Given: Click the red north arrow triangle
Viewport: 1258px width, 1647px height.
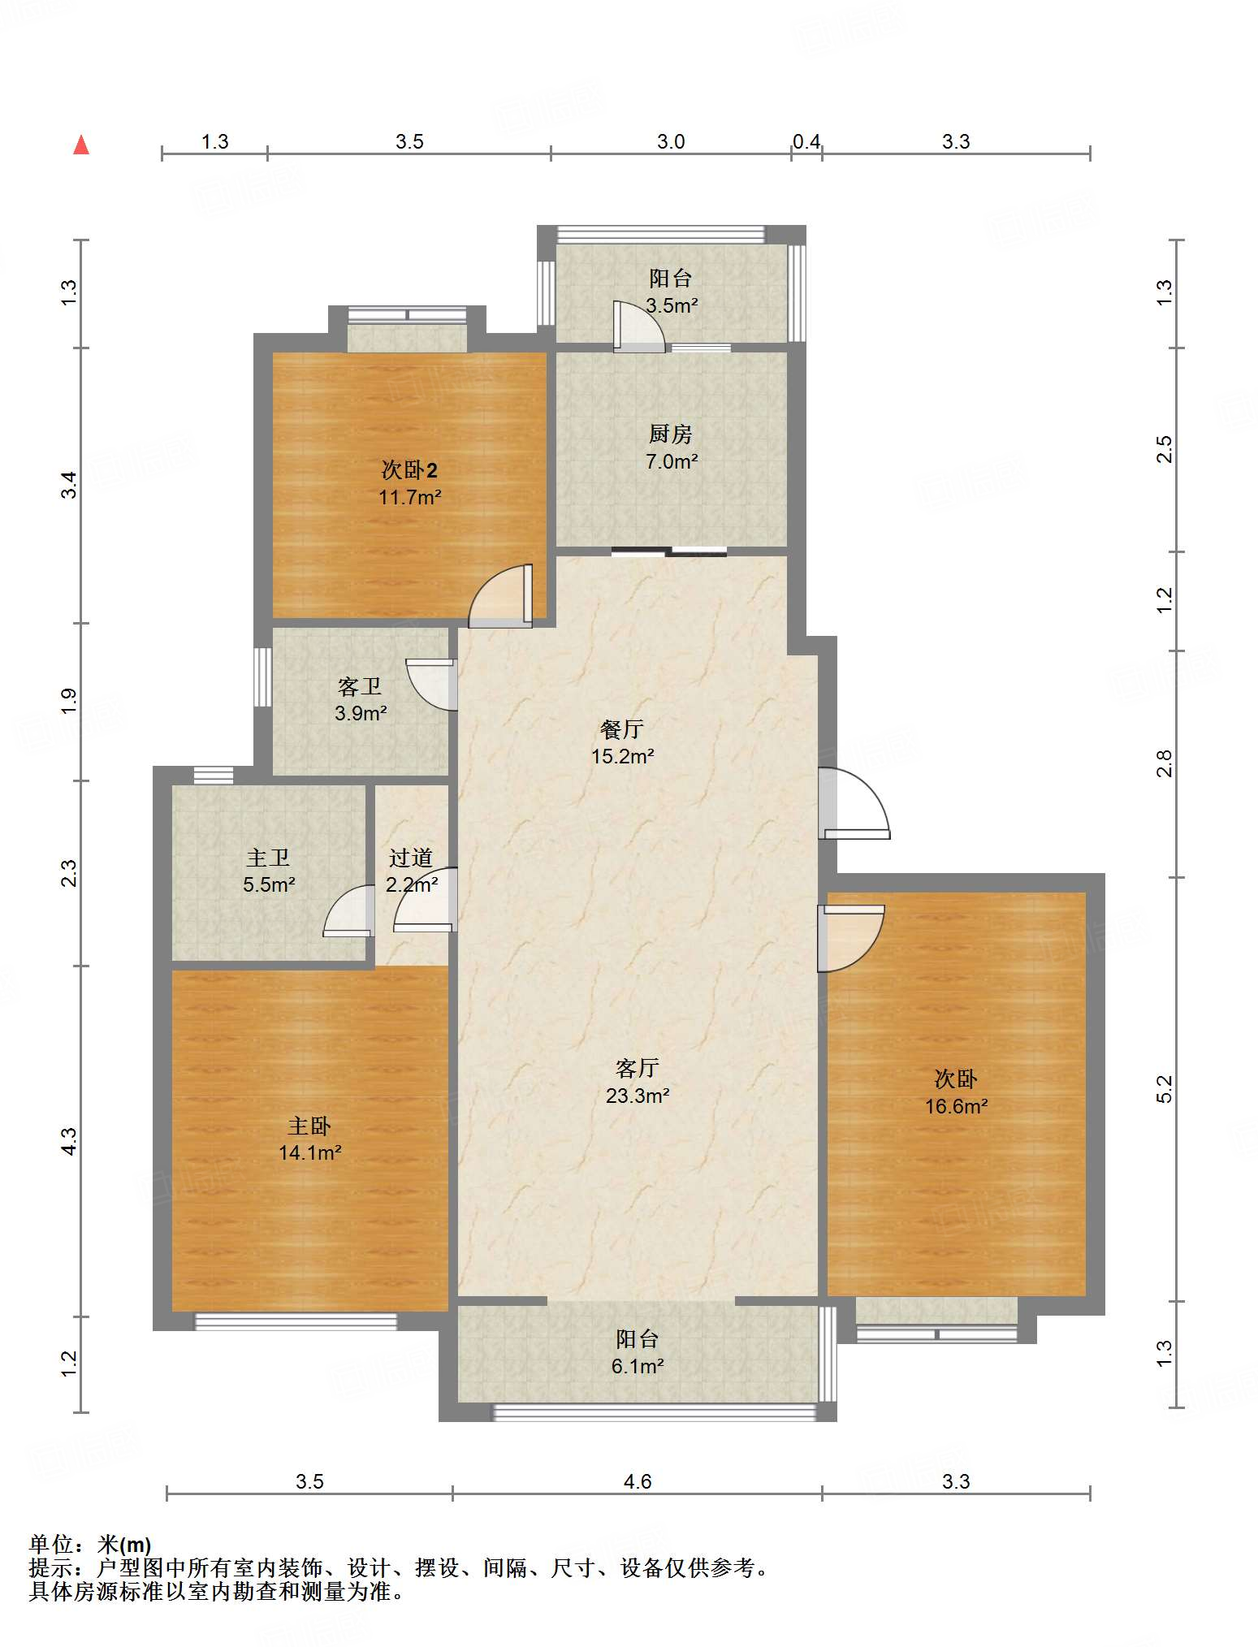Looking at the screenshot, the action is click(81, 145).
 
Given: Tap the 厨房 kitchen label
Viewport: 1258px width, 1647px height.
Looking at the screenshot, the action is click(671, 434).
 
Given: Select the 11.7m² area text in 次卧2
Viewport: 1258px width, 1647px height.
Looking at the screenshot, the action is click(410, 497).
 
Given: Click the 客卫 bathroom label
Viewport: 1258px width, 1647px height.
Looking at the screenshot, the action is click(360, 687).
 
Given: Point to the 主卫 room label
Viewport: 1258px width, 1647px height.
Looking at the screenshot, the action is click(268, 858).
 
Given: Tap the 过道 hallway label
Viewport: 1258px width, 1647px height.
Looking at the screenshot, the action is click(410, 858).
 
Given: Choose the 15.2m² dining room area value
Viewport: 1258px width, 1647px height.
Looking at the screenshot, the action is click(623, 756).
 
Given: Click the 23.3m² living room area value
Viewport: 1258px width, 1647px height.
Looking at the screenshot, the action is click(638, 1096).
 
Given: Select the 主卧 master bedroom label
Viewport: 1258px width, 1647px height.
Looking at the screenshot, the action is click(309, 1126).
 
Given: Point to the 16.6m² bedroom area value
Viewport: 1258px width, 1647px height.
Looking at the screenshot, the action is click(957, 1106).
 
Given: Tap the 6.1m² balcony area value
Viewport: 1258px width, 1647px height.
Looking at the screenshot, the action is click(638, 1366).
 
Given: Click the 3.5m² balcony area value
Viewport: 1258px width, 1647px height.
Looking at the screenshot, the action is click(672, 306).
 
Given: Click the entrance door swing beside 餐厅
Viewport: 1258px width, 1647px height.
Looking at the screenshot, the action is click(854, 803).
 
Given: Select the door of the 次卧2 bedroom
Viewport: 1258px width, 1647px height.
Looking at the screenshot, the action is click(501, 595).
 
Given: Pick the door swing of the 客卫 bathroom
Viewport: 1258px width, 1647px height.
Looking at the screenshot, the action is click(431, 685).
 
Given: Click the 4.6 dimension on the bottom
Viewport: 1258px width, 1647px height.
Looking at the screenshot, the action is click(638, 1481).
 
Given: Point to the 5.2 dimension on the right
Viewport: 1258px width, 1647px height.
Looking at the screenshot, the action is click(1165, 1089).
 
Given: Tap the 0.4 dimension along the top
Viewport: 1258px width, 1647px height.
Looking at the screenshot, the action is click(806, 142).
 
